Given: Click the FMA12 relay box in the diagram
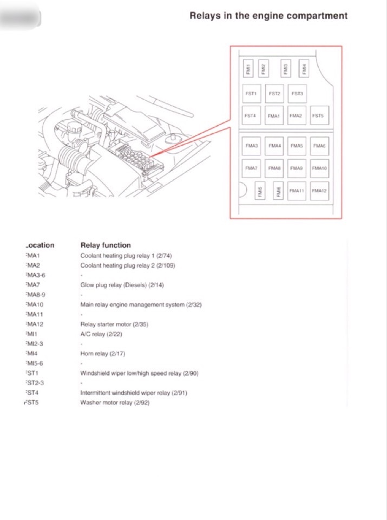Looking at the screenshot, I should coord(319,191).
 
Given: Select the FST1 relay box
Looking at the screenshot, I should coord(251,94).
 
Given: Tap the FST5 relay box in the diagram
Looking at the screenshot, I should coord(317,115).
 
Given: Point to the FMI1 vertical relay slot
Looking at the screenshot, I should coord(248,69).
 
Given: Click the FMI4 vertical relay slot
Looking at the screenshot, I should coord(304,69).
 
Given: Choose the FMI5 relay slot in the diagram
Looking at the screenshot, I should coord(260,191).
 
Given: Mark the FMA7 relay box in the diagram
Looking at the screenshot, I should coord(251,168).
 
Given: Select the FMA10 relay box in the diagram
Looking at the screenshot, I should coord(319,168).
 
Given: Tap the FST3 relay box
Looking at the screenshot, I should coord(297,94).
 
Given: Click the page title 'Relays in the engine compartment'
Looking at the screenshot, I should coord(268,16).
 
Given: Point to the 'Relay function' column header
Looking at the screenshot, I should coord(106,245).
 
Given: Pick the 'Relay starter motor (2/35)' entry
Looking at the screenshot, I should coord(114,324).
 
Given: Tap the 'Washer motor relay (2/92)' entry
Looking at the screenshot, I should coord(114,402).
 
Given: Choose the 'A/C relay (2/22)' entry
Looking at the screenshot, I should coord(101,334).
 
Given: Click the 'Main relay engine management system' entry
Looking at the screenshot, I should coord(141,304).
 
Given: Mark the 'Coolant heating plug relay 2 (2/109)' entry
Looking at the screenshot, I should coord(128,265).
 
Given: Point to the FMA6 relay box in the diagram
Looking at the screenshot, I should coord(319,146).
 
